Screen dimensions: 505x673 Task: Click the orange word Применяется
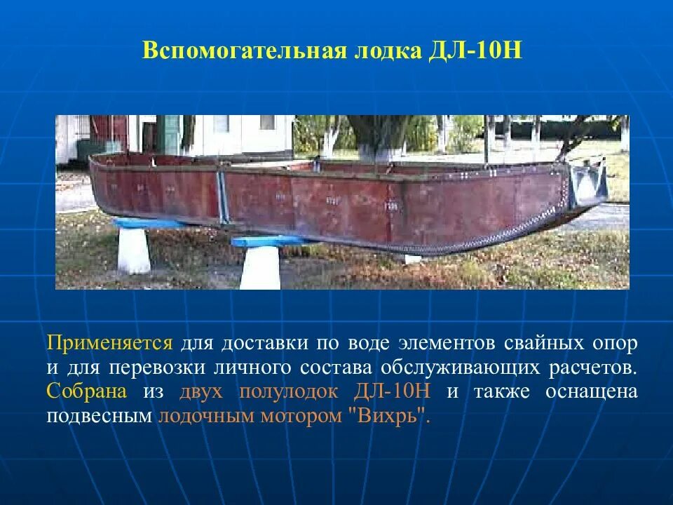pyautogui.click(x=109, y=344)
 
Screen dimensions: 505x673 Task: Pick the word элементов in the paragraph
pyautogui.click(x=444, y=344)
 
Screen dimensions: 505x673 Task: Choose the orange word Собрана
pyautogui.click(x=87, y=391)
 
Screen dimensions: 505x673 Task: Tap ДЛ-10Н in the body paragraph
pyautogui.click(x=393, y=391)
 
